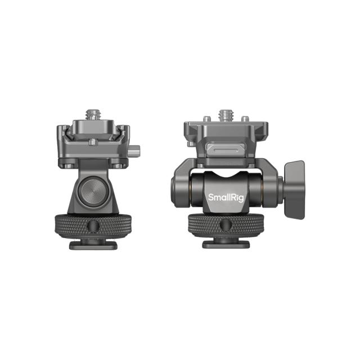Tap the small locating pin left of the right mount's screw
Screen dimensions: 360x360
pos(208,119)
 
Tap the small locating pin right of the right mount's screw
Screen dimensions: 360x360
pos(245,119)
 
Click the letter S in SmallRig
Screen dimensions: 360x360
pos(210,197)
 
